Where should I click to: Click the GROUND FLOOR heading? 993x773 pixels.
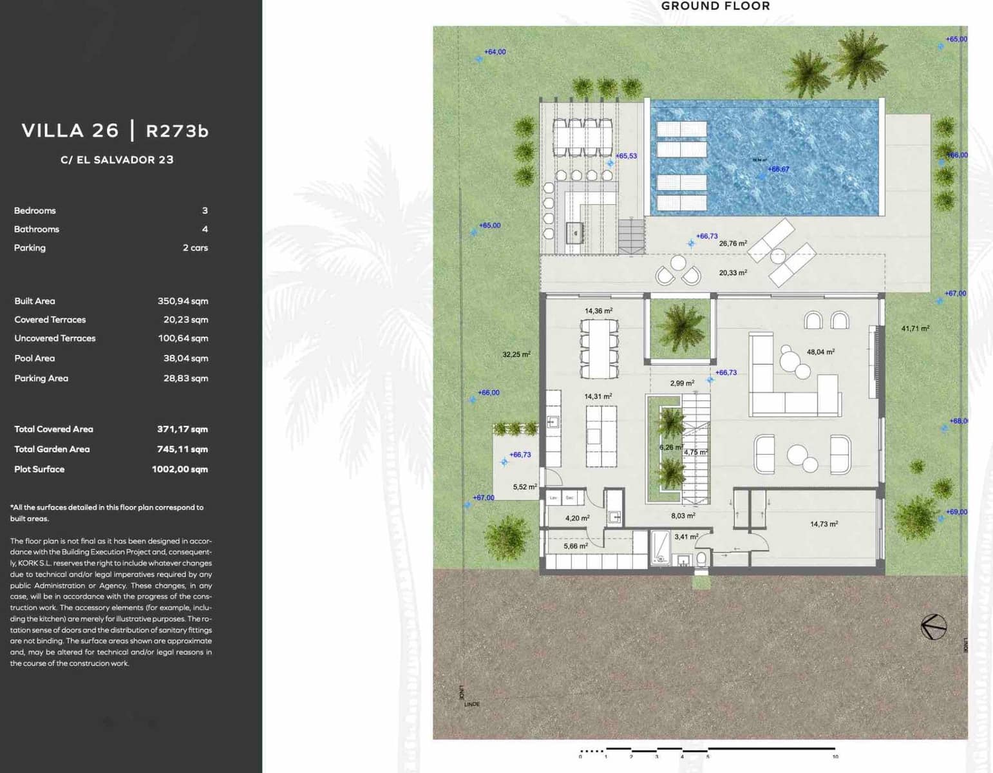pos(715,6)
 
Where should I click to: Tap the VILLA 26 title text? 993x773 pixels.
pos(70,131)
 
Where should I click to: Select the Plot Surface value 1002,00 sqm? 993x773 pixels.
pos(180,469)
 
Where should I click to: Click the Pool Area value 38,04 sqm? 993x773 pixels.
pos(185,358)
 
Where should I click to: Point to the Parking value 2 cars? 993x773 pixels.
pos(195,247)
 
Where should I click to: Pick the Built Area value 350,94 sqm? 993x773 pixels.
pos(183,301)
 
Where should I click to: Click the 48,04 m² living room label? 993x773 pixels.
pos(820,352)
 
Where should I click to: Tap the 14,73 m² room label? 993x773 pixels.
pos(824,524)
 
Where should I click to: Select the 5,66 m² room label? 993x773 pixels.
pos(576,546)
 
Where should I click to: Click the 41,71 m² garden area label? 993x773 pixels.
pos(915,329)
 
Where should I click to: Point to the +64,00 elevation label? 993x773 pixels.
pos(495,52)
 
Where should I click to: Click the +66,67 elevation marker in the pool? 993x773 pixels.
pos(777,169)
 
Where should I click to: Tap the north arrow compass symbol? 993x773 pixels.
pos(933,626)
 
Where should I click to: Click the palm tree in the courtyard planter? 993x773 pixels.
pos(680,326)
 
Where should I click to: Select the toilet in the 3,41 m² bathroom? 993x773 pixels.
pos(701,557)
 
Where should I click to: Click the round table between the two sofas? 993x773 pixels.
pos(797,453)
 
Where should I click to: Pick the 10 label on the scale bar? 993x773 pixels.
pos(835,756)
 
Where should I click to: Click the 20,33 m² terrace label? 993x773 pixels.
pos(733,272)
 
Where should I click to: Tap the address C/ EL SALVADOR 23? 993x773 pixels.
pos(117,160)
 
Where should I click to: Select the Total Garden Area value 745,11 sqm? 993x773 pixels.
pos(182,449)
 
